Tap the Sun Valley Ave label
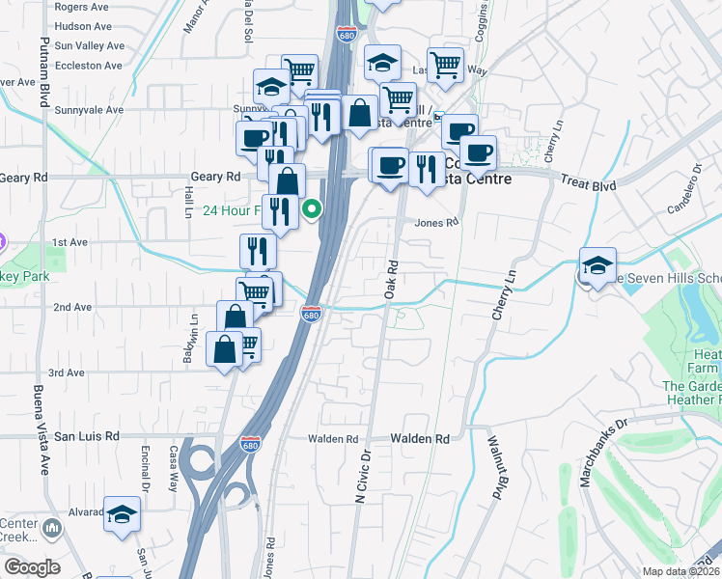[90, 45]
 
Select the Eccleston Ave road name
[89, 66]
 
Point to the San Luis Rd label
[86, 436]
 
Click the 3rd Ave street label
[67, 372]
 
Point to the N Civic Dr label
[364, 479]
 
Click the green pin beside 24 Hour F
[312, 208]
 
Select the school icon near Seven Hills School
[597, 265]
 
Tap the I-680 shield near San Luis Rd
[250, 444]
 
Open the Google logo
[33, 567]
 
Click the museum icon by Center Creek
[52, 527]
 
